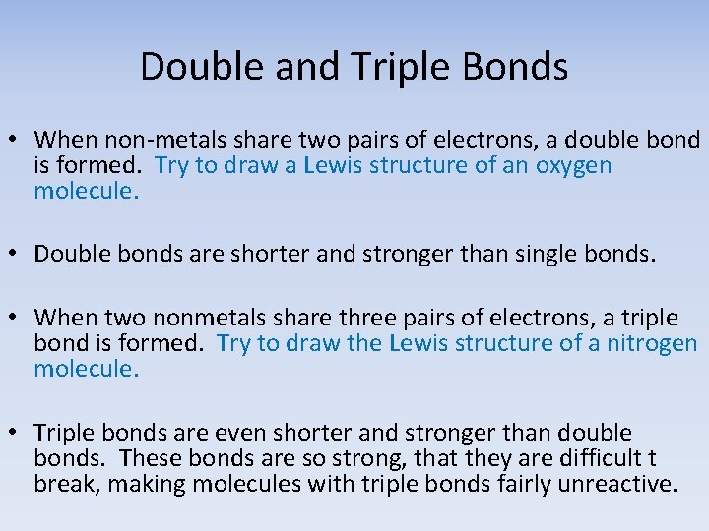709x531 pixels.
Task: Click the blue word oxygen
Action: [x=573, y=165]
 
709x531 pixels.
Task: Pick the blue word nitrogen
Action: [x=654, y=343]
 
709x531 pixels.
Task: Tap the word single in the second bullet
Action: [x=547, y=254]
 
